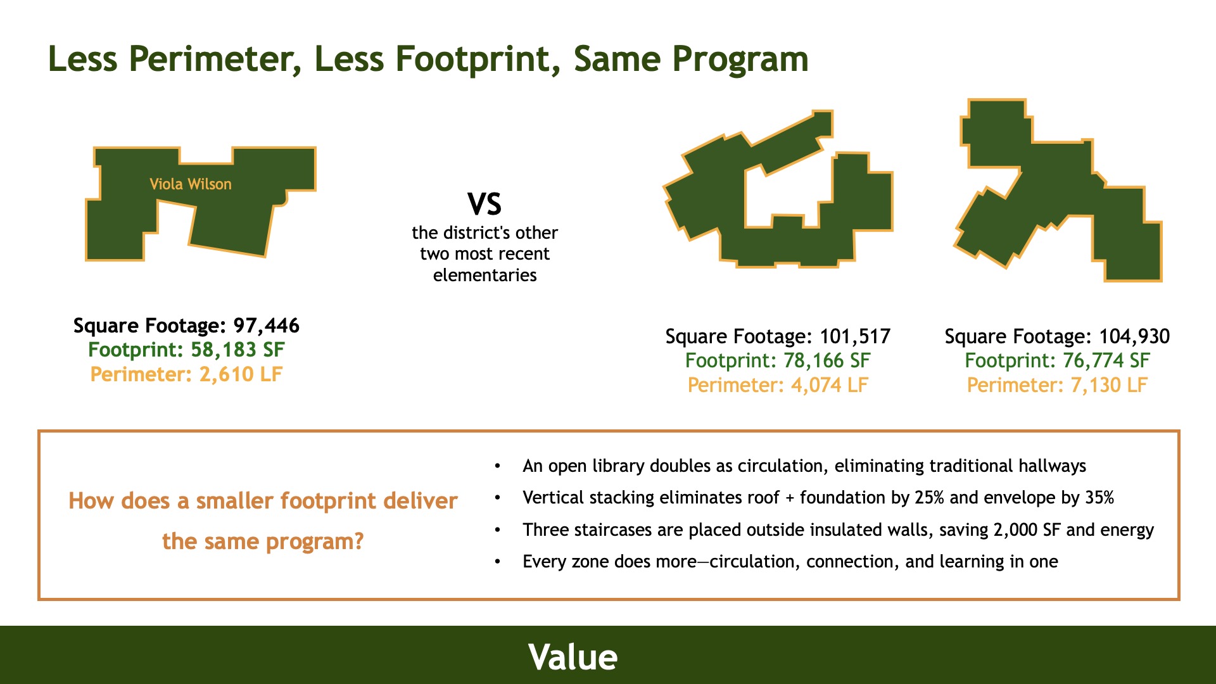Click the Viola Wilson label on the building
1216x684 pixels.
pyautogui.click(x=191, y=184)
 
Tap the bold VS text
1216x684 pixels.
pyautogui.click(x=484, y=205)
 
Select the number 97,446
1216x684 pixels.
pyautogui.click(x=267, y=326)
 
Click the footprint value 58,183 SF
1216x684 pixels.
pyautogui.click(x=237, y=350)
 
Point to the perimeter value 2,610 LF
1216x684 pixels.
pyautogui.click(x=241, y=374)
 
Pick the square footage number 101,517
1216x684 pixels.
pyautogui.click(x=855, y=337)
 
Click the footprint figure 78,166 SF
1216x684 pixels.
pyautogui.click(x=827, y=361)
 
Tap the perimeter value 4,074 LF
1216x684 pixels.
pyautogui.click(x=830, y=385)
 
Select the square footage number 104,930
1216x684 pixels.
pyautogui.click(x=1134, y=337)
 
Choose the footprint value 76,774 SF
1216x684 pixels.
pyautogui.click(x=1106, y=361)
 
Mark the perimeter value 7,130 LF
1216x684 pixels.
pyautogui.click(x=1109, y=385)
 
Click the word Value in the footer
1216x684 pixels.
pyautogui.click(x=573, y=657)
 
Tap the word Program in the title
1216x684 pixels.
pyautogui.click(x=740, y=60)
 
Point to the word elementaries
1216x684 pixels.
pyautogui.click(x=485, y=275)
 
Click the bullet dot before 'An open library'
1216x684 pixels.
pyautogui.click(x=498, y=466)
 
